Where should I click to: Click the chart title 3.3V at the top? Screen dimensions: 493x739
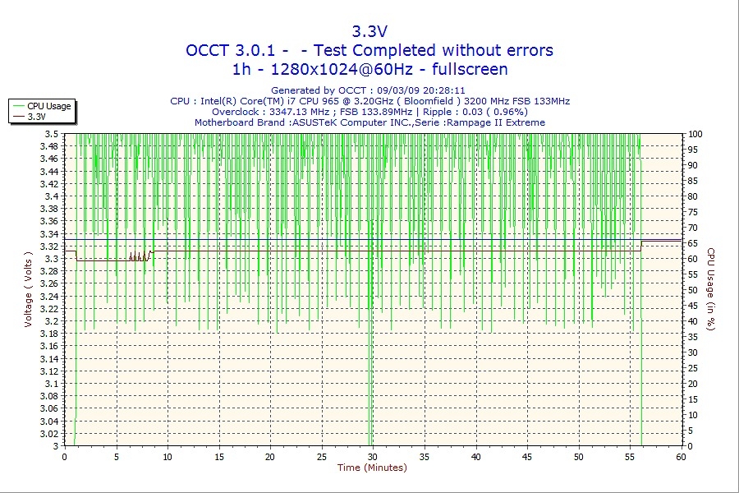pyautogui.click(x=369, y=31)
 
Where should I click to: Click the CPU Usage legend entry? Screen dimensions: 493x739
pyautogui.click(x=49, y=106)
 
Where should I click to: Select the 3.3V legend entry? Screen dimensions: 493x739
pyautogui.click(x=37, y=117)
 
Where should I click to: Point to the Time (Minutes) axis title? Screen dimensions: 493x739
pyautogui.click(x=372, y=468)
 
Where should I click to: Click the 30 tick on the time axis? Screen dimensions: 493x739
pyautogui.click(x=373, y=456)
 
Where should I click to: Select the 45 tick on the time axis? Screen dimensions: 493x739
pyautogui.click(x=527, y=456)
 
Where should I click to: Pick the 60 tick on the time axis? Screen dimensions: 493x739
pyautogui.click(x=681, y=456)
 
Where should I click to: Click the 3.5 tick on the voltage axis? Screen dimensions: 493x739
pyautogui.click(x=52, y=134)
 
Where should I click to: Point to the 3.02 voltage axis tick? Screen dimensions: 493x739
pyautogui.click(x=49, y=434)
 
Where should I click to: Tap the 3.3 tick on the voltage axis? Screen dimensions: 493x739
pyautogui.click(x=52, y=259)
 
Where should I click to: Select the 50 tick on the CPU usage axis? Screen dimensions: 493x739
pyautogui.click(x=693, y=290)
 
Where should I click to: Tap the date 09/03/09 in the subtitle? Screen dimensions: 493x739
pyautogui.click(x=398, y=90)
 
